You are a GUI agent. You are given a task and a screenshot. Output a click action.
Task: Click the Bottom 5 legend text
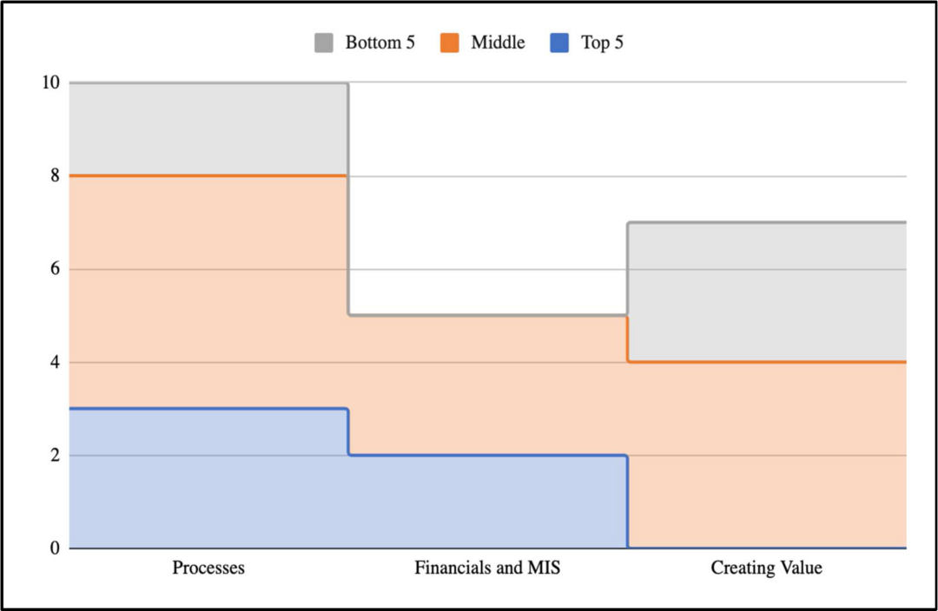380,43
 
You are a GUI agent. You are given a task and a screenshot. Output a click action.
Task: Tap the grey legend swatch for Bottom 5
324,43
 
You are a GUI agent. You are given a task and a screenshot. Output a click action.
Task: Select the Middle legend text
498,43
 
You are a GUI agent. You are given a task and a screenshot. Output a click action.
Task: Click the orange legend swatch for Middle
449,43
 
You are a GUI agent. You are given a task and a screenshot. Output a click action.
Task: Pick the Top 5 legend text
602,43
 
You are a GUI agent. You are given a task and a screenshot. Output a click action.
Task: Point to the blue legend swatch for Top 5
559,43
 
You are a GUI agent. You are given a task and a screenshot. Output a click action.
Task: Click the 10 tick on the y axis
51,82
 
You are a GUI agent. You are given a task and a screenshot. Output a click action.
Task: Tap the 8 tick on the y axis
55,176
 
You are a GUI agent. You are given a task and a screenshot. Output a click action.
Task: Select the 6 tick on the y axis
55,269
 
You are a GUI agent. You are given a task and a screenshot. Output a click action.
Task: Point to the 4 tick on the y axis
55,362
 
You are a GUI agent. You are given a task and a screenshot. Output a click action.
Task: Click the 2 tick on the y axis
55,456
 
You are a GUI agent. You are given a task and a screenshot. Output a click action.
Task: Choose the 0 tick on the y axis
55,549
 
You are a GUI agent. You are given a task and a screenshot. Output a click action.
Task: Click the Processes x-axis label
208,568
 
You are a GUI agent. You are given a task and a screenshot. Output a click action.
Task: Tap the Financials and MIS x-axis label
487,568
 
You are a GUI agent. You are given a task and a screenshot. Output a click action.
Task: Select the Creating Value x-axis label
766,568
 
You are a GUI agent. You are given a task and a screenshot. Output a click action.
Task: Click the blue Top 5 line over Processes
208,409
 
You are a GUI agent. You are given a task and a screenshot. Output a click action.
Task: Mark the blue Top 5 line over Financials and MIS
487,456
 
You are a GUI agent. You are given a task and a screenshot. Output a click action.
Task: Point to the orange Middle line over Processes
208,176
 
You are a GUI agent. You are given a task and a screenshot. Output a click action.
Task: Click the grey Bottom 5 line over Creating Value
767,222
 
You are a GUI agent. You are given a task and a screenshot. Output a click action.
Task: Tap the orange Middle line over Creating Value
767,362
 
